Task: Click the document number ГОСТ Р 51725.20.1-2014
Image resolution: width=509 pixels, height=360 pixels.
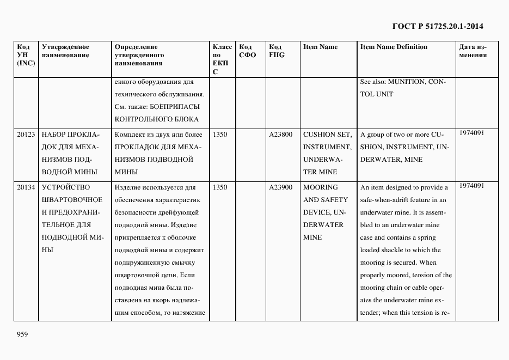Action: (x=437, y=26)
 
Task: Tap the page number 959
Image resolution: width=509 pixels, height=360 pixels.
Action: (x=22, y=334)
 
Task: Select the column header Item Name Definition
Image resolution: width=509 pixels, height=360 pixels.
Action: (x=394, y=47)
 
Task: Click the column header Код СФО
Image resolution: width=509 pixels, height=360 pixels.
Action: (x=247, y=51)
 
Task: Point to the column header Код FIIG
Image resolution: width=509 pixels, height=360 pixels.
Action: (x=277, y=51)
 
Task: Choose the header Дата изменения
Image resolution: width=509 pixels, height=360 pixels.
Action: (x=473, y=51)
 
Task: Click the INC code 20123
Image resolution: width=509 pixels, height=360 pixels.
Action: (x=26, y=135)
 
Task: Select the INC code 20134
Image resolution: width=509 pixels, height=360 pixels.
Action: (x=26, y=187)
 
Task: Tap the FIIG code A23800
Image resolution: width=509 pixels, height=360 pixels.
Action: (x=280, y=135)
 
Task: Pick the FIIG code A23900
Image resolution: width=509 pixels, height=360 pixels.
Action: (x=280, y=187)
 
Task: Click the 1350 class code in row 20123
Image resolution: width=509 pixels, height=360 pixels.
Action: (x=220, y=135)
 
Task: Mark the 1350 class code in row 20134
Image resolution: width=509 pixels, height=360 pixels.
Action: (x=220, y=187)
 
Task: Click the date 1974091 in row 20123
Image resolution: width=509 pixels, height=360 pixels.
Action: (x=471, y=132)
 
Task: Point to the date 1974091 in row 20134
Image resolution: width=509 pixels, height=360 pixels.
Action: (x=471, y=185)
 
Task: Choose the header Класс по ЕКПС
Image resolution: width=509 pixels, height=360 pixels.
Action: (x=222, y=59)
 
